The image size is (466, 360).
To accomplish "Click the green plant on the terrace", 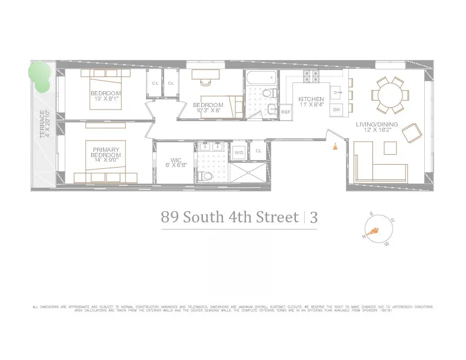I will pos(39,76).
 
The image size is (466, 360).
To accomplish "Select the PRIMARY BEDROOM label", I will pos(106,152).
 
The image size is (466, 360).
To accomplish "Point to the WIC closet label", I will pos(176,162).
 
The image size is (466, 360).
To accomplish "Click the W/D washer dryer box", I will pos(239,152).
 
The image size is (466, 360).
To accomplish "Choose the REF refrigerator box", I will pos(286,111).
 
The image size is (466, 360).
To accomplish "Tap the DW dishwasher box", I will pos(337,109).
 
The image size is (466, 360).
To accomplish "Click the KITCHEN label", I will pos(311,101).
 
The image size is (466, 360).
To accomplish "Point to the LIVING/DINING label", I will pos(377,128).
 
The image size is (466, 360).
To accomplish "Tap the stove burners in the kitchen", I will pos(311,76).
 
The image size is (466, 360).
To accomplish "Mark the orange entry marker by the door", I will pos(335,147).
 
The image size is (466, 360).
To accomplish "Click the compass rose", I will pos(374,231).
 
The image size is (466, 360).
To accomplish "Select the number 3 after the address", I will pos(314,217).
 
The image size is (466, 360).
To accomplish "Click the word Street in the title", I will pos(277,217).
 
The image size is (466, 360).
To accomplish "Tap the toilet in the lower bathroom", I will pos(204,176).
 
